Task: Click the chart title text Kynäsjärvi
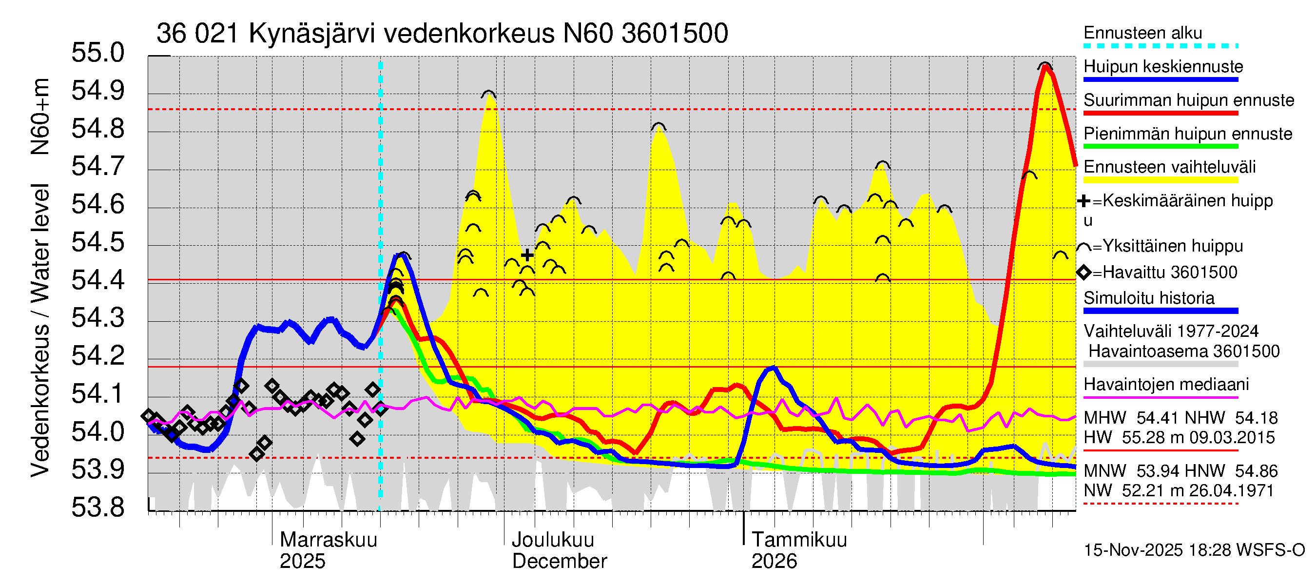[311, 34]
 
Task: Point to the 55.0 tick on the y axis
[97, 53]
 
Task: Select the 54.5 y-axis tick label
[97, 242]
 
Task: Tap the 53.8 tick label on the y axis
[97, 507]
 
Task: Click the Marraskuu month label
[328, 540]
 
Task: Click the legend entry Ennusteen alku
[1142, 33]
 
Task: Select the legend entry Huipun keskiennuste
[1163, 67]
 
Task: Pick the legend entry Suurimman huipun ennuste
[1188, 100]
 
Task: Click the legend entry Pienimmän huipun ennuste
[1187, 134]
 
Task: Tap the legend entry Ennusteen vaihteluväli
[1169, 167]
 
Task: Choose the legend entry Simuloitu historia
[1148, 298]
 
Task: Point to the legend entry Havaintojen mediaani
[1166, 384]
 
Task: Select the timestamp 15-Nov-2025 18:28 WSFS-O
[1194, 550]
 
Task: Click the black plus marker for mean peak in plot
[527, 255]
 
